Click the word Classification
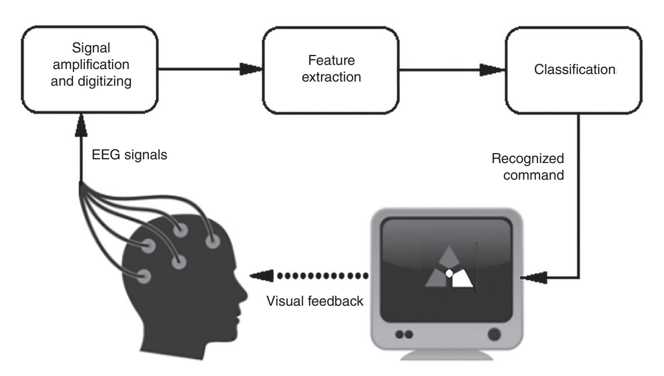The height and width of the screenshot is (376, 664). [x=574, y=69]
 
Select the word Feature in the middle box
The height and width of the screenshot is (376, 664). [x=332, y=60]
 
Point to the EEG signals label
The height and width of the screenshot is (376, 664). [x=129, y=155]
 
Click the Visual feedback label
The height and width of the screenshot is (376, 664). [x=315, y=301]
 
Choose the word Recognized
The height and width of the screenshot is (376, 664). [x=528, y=158]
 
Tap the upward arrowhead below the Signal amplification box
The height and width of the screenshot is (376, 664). [x=80, y=124]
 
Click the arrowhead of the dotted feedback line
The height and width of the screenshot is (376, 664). [x=262, y=275]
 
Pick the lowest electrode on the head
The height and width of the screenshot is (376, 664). [x=145, y=276]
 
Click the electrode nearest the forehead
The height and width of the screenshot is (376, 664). [x=212, y=240]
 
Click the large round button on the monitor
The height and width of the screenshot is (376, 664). [x=494, y=334]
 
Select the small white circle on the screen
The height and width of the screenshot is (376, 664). [x=449, y=273]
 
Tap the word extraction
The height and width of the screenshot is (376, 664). [x=332, y=77]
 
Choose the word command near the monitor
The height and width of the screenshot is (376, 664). [x=534, y=175]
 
